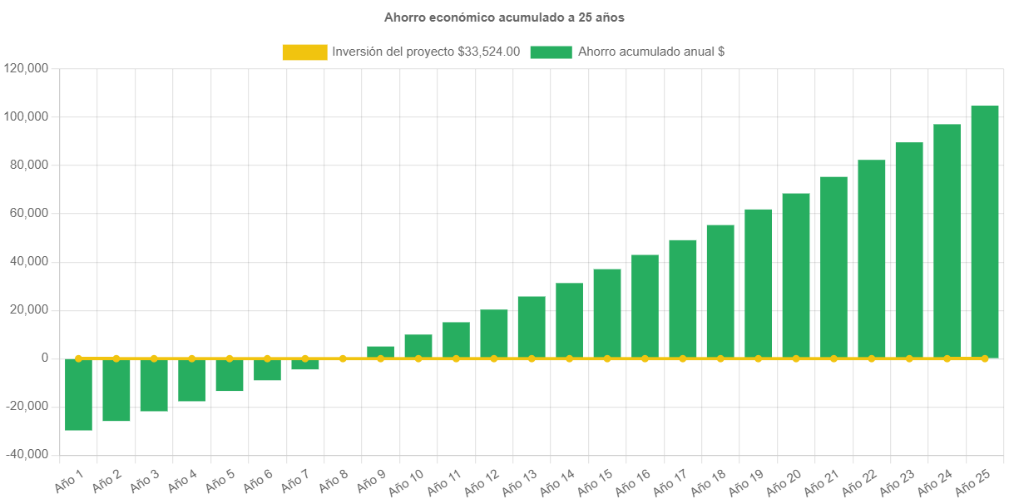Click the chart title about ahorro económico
click(504, 17)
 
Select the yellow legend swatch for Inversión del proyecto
click(304, 52)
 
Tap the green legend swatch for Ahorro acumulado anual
click(551, 52)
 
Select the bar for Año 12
click(494, 334)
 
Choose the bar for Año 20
click(795, 275)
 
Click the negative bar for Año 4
click(191, 380)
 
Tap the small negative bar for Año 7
click(304, 364)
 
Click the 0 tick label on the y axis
click(42, 358)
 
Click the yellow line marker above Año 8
click(343, 358)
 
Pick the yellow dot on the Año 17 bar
click(682, 358)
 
